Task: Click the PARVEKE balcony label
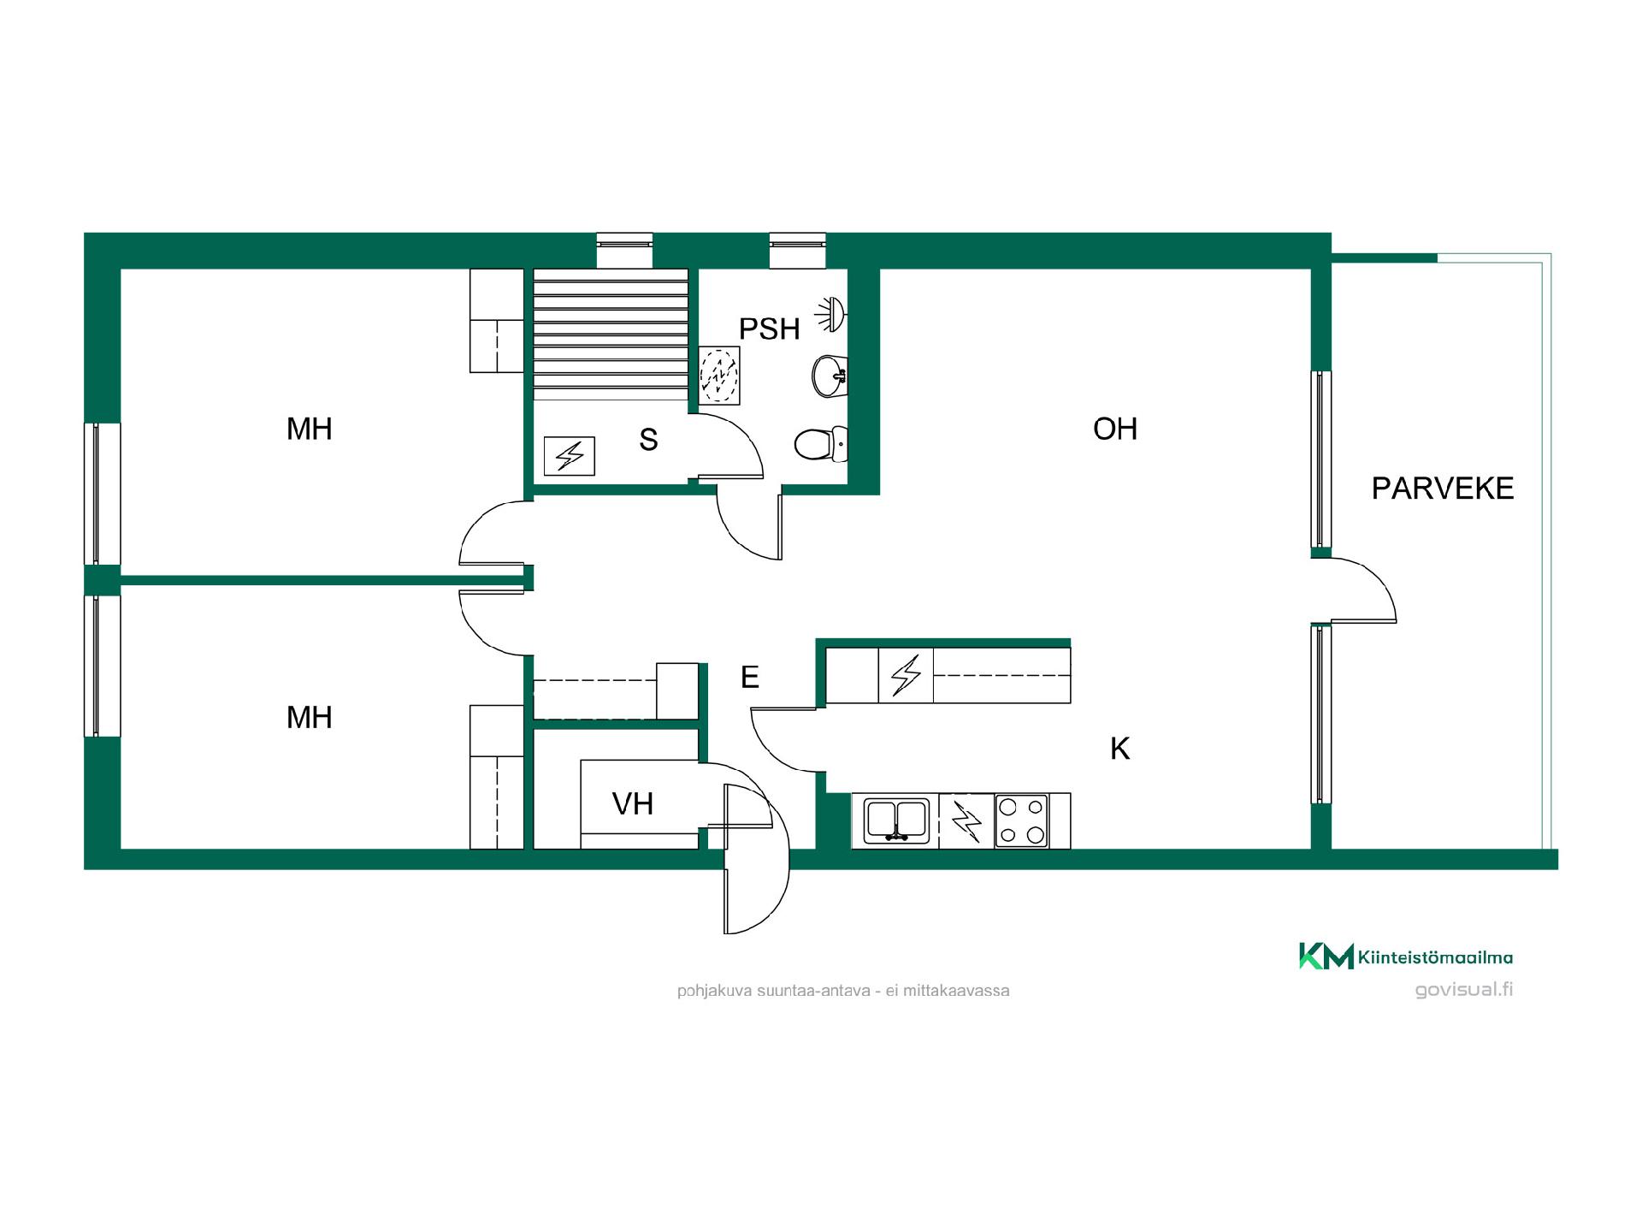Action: click(x=1442, y=489)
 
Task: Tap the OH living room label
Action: click(x=1115, y=429)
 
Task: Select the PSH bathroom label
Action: click(x=769, y=329)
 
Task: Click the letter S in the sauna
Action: click(x=648, y=440)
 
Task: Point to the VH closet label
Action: click(x=633, y=804)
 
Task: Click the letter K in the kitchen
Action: click(x=1119, y=749)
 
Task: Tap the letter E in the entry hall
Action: click(x=750, y=678)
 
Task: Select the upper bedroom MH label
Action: click(x=309, y=429)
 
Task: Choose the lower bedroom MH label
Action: click(x=309, y=718)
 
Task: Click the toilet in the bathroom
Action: click(x=820, y=444)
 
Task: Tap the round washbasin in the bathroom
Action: click(x=829, y=376)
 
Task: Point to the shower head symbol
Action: click(x=831, y=314)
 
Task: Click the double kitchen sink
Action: click(x=895, y=820)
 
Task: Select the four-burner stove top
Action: click(x=1021, y=821)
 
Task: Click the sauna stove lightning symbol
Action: click(x=570, y=456)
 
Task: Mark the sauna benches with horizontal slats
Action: click(x=611, y=335)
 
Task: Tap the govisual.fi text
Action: click(x=1464, y=990)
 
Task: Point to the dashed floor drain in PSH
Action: click(x=719, y=375)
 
